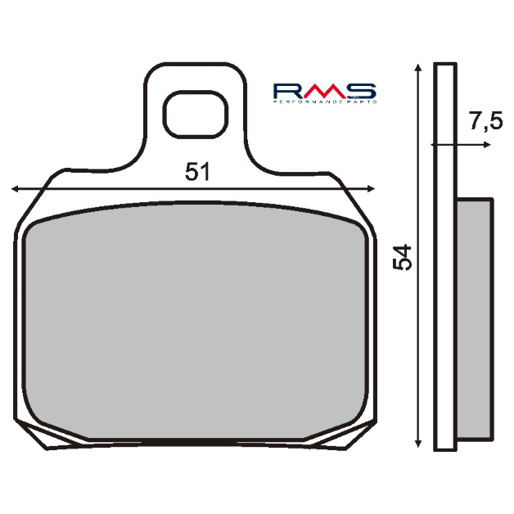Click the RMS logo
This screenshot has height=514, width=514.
[324, 92]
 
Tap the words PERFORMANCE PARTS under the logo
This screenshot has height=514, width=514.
[324, 101]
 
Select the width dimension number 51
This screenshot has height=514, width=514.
[197, 173]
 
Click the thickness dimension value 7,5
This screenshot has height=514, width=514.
[485, 123]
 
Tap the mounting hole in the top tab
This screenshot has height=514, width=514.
[194, 114]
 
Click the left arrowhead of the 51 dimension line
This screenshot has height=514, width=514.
[16, 188]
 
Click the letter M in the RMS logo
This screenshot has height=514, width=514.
[323, 90]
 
